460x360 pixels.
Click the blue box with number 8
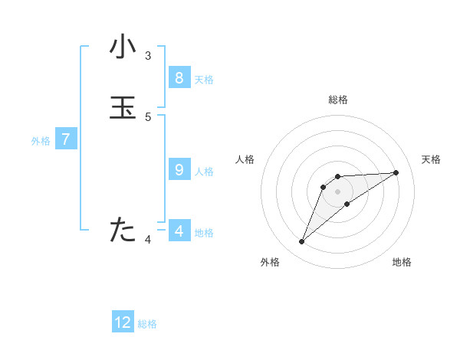click(x=179, y=78)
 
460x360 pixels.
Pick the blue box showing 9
click(x=179, y=170)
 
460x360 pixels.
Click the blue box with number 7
click(x=66, y=140)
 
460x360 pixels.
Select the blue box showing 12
click(x=123, y=322)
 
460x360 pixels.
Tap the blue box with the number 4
click(x=179, y=231)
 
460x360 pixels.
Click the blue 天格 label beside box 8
click(x=204, y=80)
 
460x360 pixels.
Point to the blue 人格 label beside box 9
click(x=204, y=172)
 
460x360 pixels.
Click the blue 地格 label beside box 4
click(x=204, y=233)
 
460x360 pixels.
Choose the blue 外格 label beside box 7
click(x=41, y=142)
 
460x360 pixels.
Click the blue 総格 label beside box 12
click(x=147, y=324)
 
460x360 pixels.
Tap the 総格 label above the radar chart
click(x=338, y=100)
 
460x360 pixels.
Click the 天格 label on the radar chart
click(x=432, y=159)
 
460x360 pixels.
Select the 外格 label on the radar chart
click(x=270, y=263)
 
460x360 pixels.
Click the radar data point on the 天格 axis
click(x=396, y=172)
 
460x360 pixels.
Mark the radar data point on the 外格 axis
click(x=302, y=242)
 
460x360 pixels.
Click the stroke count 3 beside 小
click(x=148, y=55)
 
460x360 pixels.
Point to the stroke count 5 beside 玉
click(x=148, y=116)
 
